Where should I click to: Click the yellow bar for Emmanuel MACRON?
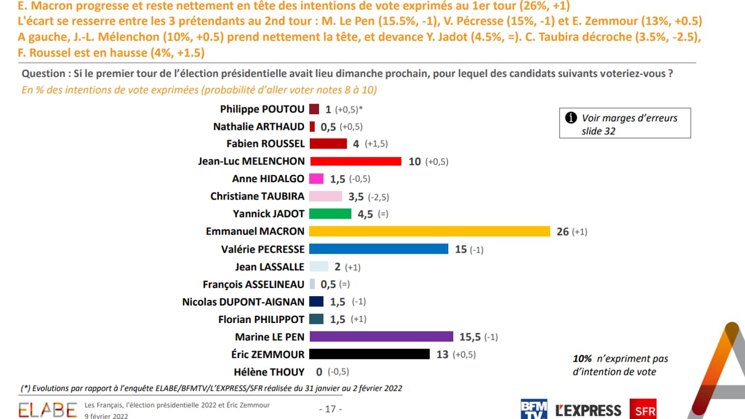(x=429, y=231)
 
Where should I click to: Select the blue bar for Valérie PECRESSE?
(x=378, y=249)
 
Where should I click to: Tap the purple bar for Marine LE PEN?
(x=381, y=337)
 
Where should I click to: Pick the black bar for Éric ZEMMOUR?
(x=369, y=354)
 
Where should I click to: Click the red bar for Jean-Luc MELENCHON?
(x=355, y=161)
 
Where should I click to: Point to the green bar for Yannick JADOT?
(x=330, y=214)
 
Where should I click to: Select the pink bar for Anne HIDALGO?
(x=316, y=179)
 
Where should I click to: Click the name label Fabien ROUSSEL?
(x=265, y=144)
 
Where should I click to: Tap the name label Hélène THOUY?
(x=269, y=372)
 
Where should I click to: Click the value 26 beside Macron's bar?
(x=562, y=232)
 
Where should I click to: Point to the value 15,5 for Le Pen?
(x=470, y=337)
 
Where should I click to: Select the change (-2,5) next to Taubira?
(x=378, y=197)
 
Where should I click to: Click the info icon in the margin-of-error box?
(x=571, y=118)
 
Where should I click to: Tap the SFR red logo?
(x=642, y=409)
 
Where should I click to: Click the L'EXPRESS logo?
(x=588, y=410)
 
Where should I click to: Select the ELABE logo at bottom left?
(x=48, y=410)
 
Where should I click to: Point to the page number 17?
(x=330, y=409)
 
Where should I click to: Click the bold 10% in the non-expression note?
(x=582, y=359)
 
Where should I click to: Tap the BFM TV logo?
(x=533, y=409)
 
